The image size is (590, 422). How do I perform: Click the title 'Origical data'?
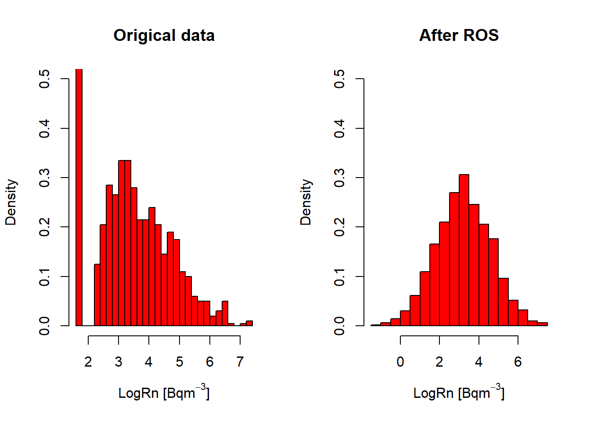coord(164,36)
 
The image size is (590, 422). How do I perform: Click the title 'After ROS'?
coord(459,36)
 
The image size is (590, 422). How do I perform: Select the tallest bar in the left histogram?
coord(79,198)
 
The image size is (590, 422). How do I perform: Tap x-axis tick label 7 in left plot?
coord(240,362)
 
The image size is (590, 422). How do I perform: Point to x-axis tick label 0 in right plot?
coord(400,362)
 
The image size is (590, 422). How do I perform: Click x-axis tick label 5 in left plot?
coord(180,362)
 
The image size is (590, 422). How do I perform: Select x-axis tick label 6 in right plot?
coord(518,362)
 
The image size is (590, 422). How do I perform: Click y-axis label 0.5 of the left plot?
coord(44,79)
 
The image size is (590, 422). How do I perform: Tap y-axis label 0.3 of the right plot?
coord(339,178)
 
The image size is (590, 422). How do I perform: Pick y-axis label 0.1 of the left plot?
coord(44,276)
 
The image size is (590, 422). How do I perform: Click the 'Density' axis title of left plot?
coord(11,202)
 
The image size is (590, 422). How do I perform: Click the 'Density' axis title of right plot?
coord(306,202)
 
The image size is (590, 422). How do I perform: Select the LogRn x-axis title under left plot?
coord(164,393)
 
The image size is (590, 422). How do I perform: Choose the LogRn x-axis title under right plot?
coord(459,393)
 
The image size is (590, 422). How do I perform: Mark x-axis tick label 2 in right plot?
coord(439,362)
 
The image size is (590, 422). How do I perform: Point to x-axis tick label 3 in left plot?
coord(119,362)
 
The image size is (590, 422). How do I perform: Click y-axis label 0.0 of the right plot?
coord(339,326)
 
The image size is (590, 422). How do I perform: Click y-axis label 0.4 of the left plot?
coord(44,128)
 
